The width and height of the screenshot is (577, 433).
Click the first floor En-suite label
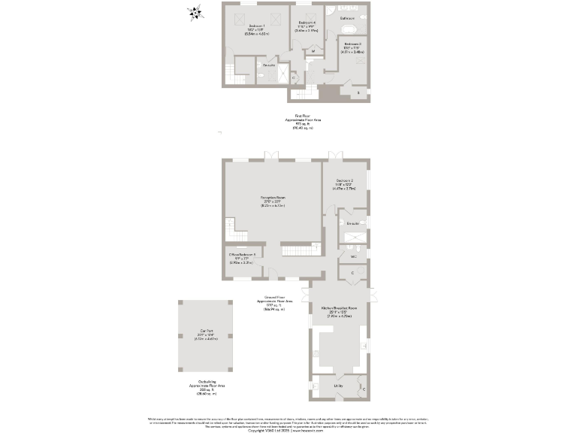click(247, 65)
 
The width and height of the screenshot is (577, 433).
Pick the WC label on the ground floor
click(353, 257)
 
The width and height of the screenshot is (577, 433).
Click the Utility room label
click(339, 386)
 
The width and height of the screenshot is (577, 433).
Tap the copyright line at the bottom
click(288, 431)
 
